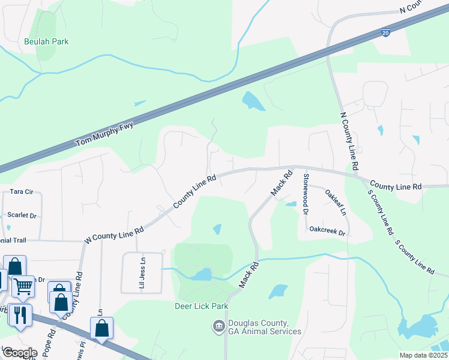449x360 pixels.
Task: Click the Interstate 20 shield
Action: (x=385, y=34)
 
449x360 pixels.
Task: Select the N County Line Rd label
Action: (x=349, y=140)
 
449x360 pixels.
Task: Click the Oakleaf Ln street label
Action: (x=336, y=202)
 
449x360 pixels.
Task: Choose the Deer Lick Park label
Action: (x=202, y=306)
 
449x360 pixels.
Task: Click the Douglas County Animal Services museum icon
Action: (x=218, y=326)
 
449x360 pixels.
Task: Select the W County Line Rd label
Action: (x=114, y=235)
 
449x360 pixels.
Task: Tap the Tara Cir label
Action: (x=26, y=192)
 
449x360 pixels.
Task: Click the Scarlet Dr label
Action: (x=22, y=215)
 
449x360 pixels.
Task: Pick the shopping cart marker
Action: (x=23, y=287)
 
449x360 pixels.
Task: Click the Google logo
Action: (x=20, y=352)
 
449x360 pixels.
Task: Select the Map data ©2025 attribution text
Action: (x=423, y=355)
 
